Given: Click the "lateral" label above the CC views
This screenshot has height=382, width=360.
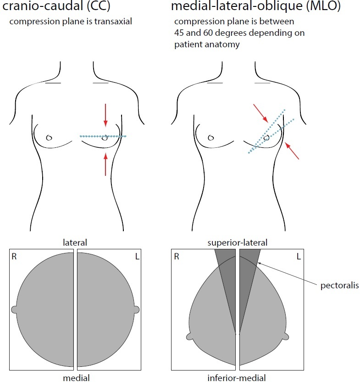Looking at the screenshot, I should click(x=75, y=242).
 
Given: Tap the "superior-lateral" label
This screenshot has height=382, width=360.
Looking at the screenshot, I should click(x=237, y=242).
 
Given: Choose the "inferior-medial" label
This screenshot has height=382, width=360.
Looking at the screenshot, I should click(x=237, y=377).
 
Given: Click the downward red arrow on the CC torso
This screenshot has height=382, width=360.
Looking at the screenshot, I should click(x=105, y=115).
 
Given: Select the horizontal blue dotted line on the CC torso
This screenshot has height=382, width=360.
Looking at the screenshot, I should click(x=103, y=136).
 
